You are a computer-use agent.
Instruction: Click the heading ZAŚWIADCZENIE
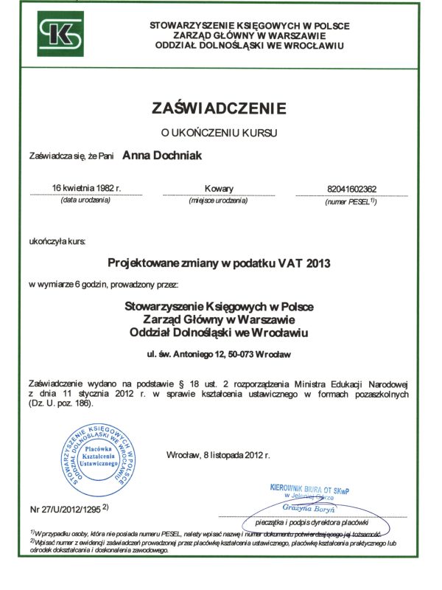218,108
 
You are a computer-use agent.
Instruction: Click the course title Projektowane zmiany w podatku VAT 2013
220,262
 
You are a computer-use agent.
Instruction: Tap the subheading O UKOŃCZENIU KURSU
218,133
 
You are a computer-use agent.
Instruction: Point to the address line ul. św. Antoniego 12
220,355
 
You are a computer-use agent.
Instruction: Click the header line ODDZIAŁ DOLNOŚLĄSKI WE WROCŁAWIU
249,46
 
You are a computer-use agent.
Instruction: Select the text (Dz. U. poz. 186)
63,406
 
